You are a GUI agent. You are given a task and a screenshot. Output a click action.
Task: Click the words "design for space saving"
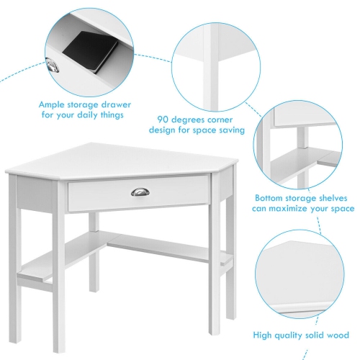197,130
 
